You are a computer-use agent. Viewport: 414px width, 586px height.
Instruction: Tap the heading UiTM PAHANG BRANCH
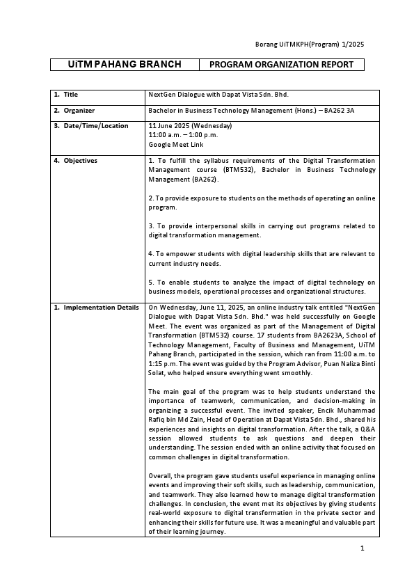125,65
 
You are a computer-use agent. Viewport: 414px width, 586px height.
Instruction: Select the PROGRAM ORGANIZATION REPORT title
281,65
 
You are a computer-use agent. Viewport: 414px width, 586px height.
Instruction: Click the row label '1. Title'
67,95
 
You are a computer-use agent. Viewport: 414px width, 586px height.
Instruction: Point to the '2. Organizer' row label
74,110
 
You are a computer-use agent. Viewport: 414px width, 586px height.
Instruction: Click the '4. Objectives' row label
76,161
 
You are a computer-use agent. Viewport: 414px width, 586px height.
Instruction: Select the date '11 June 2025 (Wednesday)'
190,126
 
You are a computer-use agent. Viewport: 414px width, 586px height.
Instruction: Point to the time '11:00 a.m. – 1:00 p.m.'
183,135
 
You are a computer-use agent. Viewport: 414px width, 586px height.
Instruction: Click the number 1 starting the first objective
151,161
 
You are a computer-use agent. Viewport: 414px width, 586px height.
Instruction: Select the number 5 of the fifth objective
151,282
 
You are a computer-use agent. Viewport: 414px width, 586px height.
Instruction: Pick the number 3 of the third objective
151,225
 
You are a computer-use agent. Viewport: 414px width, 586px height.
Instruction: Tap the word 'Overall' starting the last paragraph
161,475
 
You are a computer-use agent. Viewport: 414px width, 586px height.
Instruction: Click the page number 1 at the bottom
363,548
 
